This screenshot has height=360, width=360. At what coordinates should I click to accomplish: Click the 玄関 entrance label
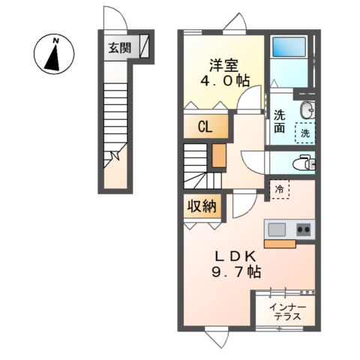pos(120,48)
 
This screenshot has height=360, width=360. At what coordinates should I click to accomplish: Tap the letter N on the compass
pos(57,40)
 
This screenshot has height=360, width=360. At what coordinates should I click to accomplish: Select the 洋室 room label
pos(224,65)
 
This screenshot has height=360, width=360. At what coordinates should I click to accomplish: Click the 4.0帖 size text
pos(225,81)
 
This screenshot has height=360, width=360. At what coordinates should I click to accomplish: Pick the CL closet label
pos(205,127)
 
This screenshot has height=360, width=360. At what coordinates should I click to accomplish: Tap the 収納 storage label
pos(202,206)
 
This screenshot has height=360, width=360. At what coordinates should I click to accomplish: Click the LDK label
pos(236,256)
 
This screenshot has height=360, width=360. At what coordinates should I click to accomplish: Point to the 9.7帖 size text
pos(236,271)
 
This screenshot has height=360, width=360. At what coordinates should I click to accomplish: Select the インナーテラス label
pos(287,312)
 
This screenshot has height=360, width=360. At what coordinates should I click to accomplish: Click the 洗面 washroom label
pos(280,121)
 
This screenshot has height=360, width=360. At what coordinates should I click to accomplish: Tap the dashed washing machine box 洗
pos(305,133)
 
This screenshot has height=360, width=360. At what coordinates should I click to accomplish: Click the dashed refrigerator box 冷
pos(279,189)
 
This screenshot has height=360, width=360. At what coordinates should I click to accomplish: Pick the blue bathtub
pos(289,47)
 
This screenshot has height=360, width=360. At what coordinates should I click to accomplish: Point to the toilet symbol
pos(304,163)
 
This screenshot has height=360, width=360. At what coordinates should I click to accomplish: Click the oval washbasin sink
pos(307,110)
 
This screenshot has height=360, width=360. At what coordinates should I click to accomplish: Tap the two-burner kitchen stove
pos(304,229)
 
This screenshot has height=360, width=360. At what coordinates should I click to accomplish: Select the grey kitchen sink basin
pos(277,229)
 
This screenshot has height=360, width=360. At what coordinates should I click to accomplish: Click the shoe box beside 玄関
pos(144,46)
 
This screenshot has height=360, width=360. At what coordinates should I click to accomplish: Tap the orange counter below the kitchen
pos(280,244)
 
